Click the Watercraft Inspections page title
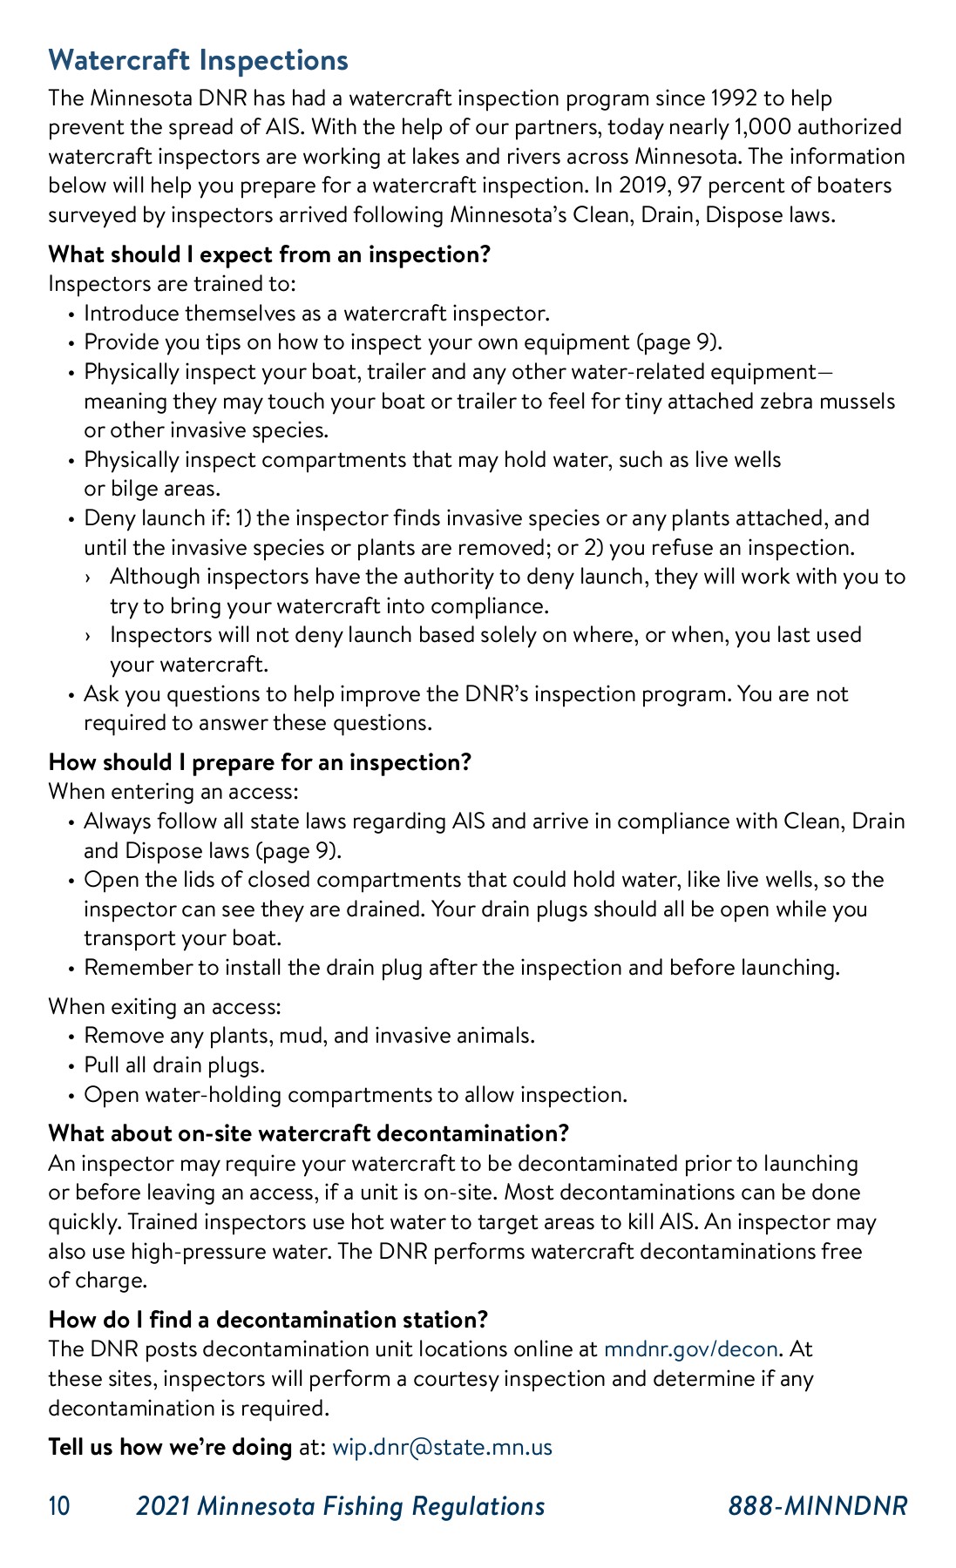(x=199, y=60)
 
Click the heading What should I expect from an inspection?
(x=269, y=254)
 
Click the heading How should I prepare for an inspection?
(x=260, y=762)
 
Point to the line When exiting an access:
(x=165, y=1007)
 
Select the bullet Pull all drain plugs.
(x=173, y=1065)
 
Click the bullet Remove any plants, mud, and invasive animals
(x=308, y=1036)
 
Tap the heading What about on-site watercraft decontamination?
(x=308, y=1133)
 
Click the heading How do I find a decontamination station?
(x=268, y=1320)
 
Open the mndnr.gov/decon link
(x=690, y=1349)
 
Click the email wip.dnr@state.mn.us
(x=442, y=1447)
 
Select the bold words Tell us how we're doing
(x=170, y=1447)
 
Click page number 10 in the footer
(x=59, y=1506)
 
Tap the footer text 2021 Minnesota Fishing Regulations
(x=340, y=1506)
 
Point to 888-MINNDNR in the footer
(x=817, y=1506)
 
